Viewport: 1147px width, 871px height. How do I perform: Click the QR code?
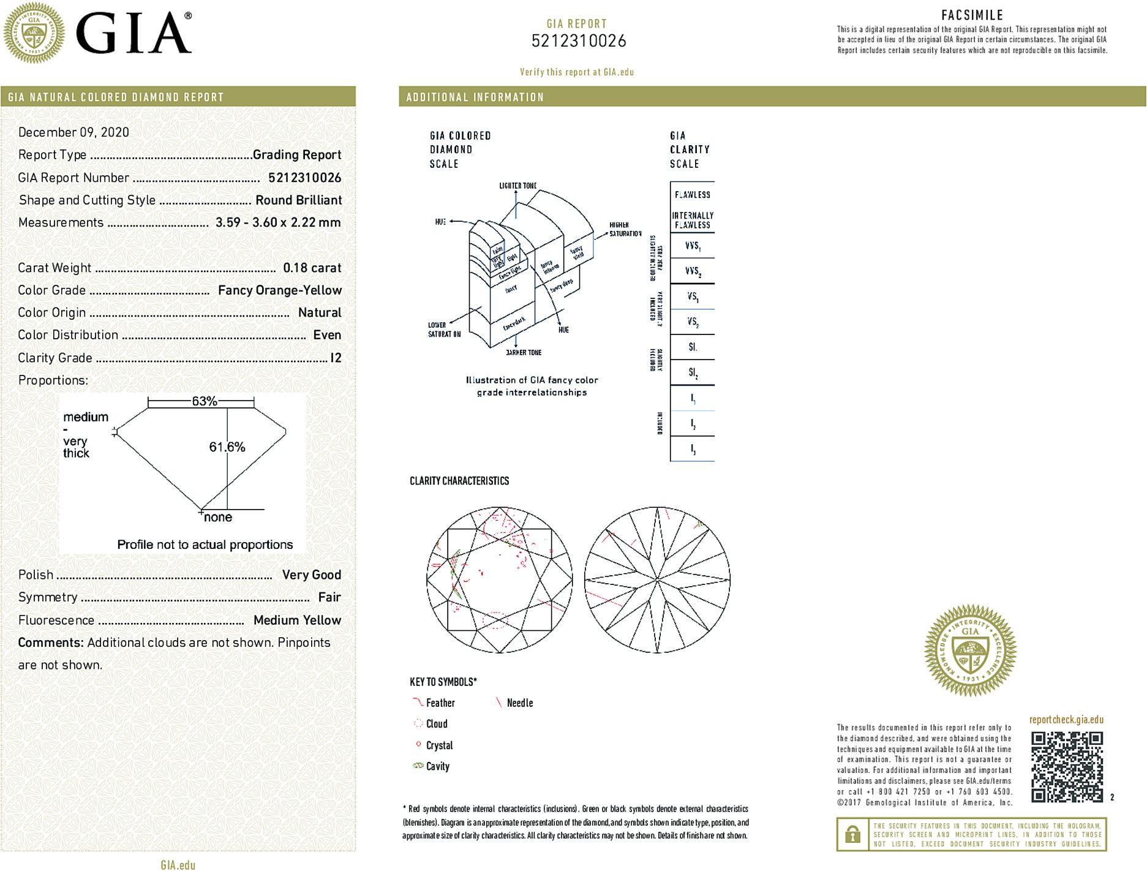[x=1066, y=766]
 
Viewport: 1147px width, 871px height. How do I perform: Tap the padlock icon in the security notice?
[x=852, y=834]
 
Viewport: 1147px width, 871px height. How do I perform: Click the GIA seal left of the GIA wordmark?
[x=34, y=33]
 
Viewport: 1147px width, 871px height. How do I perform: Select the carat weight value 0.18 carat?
[x=312, y=268]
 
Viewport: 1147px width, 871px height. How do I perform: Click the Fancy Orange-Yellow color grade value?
[x=280, y=290]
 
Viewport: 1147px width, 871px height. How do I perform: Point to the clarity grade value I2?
[x=336, y=358]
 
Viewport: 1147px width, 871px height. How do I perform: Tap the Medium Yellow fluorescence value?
[x=297, y=620]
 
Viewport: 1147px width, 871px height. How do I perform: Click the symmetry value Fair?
[x=329, y=597]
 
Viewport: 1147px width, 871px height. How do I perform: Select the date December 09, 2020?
[x=73, y=132]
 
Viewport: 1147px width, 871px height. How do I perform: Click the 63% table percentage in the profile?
[x=204, y=401]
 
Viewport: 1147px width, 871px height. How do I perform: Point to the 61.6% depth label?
[x=227, y=447]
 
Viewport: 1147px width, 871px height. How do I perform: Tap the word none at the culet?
[x=218, y=518]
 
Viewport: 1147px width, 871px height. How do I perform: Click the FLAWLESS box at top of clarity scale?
[x=693, y=195]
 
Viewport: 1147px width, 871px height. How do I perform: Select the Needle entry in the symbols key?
[x=519, y=703]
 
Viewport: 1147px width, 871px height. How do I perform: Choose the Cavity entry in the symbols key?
[x=437, y=766]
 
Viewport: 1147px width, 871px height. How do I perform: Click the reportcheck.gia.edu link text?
[x=1066, y=720]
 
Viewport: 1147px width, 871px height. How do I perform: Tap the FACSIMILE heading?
[x=972, y=15]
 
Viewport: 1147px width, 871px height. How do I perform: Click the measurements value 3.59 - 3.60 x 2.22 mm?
[x=278, y=222]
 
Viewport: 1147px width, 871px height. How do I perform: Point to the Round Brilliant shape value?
[x=298, y=200]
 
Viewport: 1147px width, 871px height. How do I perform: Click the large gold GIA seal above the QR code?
[x=970, y=650]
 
